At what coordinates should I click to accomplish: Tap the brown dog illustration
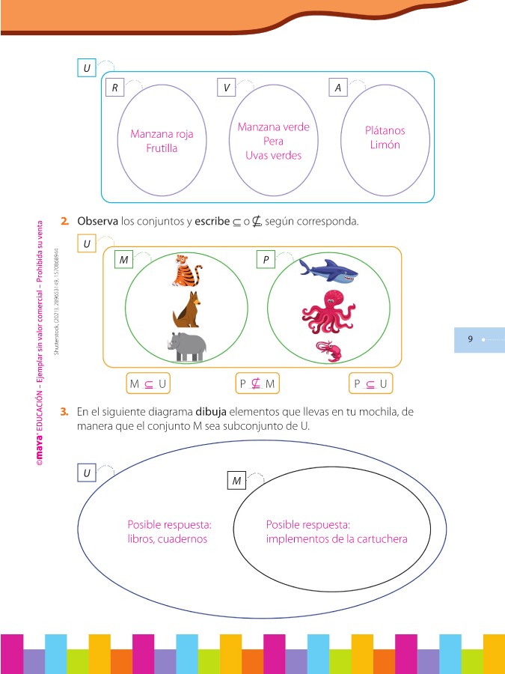pyautogui.click(x=187, y=309)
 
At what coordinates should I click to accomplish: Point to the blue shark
pyautogui.click(x=327, y=273)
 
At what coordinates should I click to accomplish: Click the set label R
pyautogui.click(x=114, y=88)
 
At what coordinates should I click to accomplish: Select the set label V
pyautogui.click(x=226, y=88)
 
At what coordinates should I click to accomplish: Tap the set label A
pyautogui.click(x=338, y=88)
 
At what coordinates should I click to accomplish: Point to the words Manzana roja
pyautogui.click(x=162, y=134)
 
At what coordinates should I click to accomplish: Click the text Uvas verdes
pyautogui.click(x=273, y=155)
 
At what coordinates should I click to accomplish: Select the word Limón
pyautogui.click(x=385, y=145)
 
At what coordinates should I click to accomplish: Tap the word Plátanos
pyautogui.click(x=385, y=130)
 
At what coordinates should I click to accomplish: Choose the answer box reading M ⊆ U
pyautogui.click(x=147, y=384)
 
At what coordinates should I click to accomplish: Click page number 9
pyautogui.click(x=471, y=339)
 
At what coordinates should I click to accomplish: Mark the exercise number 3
pyautogui.click(x=66, y=412)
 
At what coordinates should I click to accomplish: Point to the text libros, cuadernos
pyautogui.click(x=168, y=538)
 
